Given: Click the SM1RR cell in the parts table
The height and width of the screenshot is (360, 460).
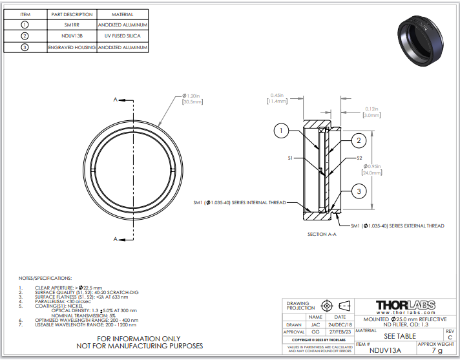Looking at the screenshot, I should click(72, 25).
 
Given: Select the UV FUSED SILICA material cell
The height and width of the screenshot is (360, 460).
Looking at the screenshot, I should click(123, 36).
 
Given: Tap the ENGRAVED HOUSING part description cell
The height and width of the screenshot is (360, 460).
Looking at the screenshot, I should click(72, 47).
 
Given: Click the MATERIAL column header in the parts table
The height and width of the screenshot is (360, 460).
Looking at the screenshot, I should click(123, 14).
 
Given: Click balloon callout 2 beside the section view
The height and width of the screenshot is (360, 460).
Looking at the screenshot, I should click(359, 140).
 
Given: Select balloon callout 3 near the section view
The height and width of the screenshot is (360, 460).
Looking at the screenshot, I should click(359, 191).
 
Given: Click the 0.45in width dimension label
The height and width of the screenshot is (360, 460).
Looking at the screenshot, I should click(278, 98).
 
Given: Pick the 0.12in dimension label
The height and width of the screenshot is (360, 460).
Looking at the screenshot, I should click(371, 112).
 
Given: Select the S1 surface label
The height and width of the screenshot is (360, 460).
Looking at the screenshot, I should click(291, 158).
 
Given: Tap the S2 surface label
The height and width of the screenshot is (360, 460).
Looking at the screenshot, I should click(360, 158).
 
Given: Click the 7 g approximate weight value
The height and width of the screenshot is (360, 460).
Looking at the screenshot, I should click(437, 351).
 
